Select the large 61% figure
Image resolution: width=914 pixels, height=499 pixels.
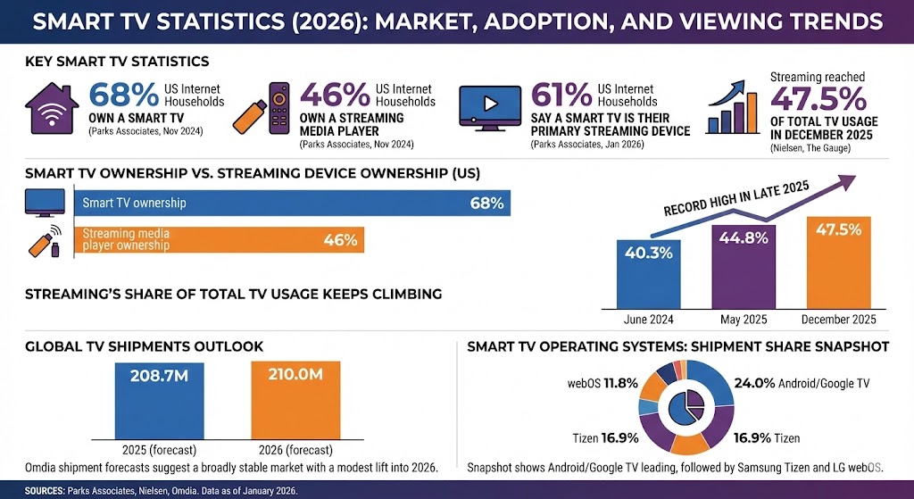coord(560,96)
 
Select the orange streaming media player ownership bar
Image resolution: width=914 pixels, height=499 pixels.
coord(219,239)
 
